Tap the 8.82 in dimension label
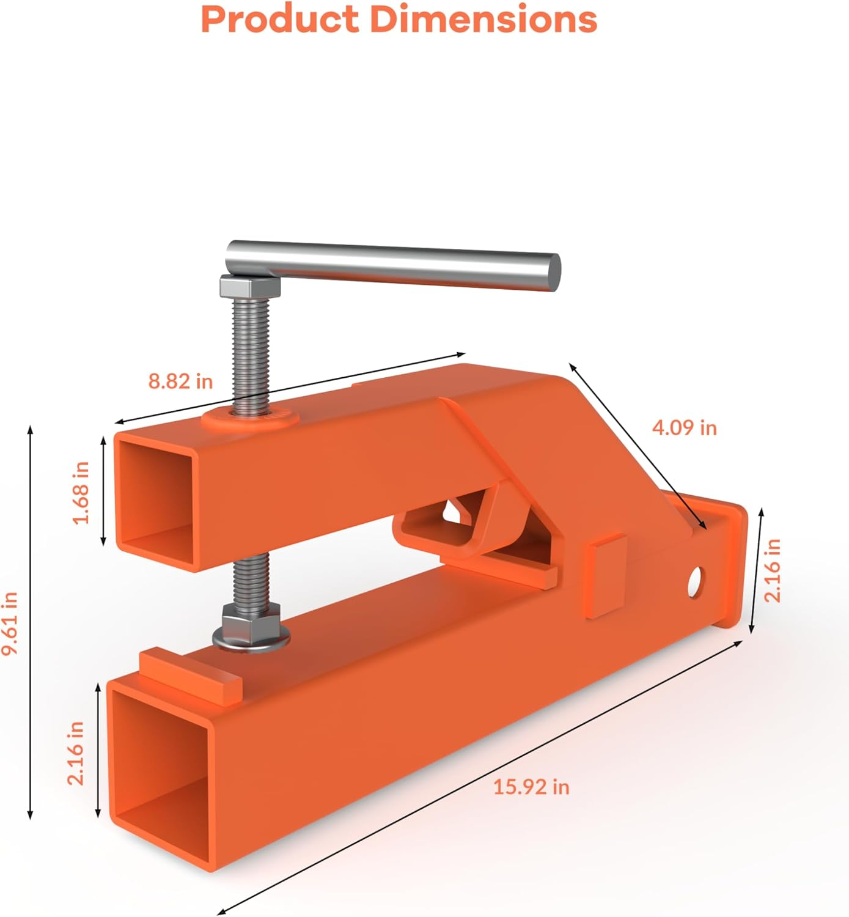tap(180, 381)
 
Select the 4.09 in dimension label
tap(684, 427)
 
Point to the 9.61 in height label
tap(10, 623)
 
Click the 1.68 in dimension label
tap(81, 493)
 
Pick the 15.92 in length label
tap(531, 786)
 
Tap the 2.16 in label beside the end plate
tap(773, 570)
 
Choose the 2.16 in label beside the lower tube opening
tap(76, 753)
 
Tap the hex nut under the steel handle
tap(249, 286)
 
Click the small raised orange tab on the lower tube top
tap(189, 674)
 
